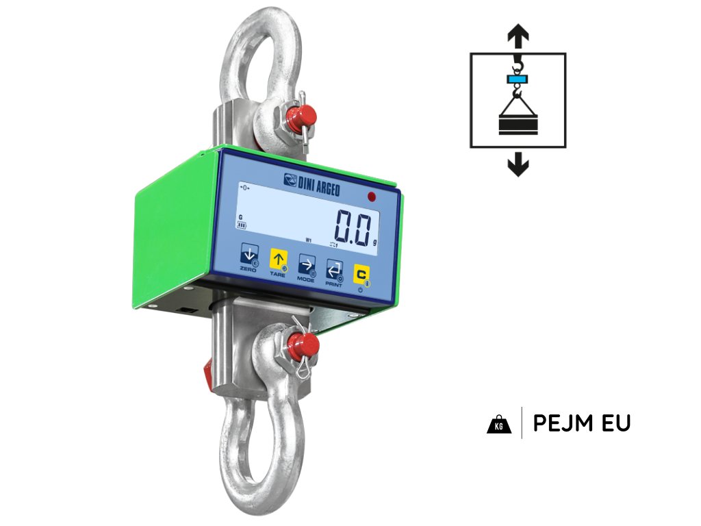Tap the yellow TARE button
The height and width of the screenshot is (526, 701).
point(278,260)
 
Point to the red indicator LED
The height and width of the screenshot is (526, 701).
point(372,197)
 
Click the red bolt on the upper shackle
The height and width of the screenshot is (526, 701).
point(298,114)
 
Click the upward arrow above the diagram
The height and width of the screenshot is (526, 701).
point(518,35)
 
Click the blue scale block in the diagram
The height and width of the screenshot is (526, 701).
point(518,79)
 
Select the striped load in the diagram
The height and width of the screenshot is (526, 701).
point(518,125)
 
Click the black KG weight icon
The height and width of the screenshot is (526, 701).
point(499,424)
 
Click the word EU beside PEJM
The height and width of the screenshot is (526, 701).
point(615,423)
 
